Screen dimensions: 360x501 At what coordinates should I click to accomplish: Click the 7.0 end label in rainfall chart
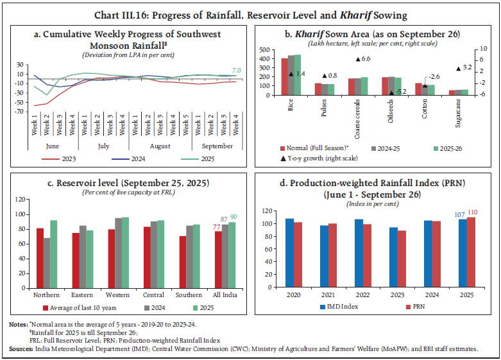click(236, 70)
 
